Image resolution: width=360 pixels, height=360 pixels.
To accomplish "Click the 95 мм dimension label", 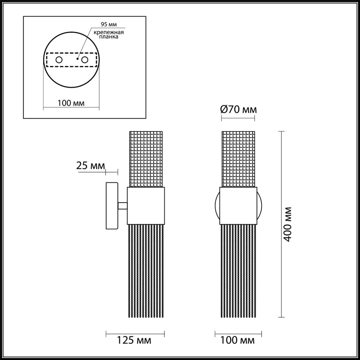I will [109, 24].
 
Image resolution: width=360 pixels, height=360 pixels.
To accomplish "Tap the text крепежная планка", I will [109, 35].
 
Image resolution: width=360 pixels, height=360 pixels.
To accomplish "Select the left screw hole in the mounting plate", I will [59, 60].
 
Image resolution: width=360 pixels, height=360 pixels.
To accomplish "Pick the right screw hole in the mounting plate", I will [84, 60].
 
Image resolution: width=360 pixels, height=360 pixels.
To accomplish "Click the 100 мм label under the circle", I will [71, 103].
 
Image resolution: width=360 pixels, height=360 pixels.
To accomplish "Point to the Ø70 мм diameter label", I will [238, 109].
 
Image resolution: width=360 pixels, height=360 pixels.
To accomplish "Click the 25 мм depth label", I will [90, 166].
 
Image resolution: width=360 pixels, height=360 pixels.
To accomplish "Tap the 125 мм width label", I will [134, 340].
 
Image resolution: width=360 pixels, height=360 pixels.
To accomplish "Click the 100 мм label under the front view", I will [237, 340].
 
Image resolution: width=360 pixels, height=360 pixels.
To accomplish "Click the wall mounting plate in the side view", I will [112, 206].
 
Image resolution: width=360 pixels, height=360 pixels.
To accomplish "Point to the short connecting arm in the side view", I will [123, 206].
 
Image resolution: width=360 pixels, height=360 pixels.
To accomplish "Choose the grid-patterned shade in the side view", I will [146, 159].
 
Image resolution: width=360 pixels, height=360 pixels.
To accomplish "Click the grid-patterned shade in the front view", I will [238, 159].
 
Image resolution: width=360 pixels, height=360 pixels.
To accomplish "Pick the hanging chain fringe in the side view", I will [146, 270].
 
